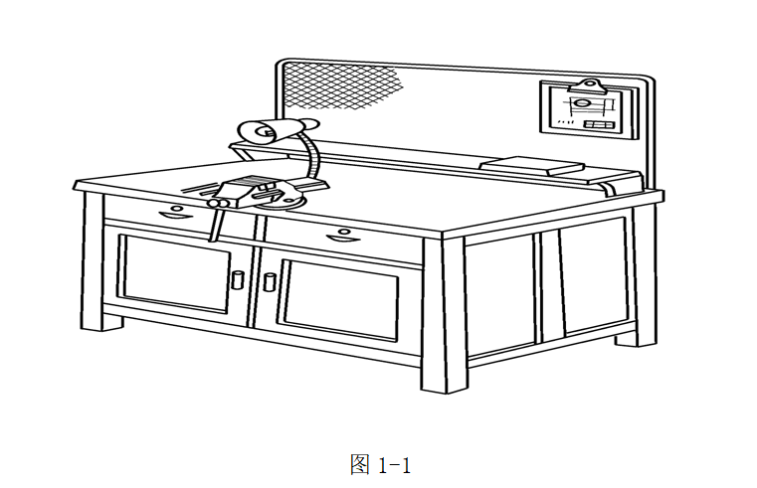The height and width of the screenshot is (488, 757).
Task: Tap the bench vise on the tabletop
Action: point(249,189)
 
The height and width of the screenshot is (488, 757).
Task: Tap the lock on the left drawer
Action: point(176,208)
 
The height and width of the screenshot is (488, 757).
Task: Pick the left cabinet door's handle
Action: point(238,280)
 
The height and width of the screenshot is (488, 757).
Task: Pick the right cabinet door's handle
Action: point(269,281)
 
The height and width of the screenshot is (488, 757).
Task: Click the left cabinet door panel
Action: point(174,272)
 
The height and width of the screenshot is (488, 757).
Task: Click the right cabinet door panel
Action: point(345,299)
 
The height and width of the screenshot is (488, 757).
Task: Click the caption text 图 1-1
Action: point(380,464)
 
